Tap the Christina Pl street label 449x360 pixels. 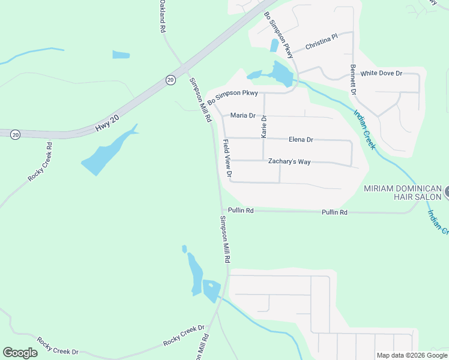(x=322, y=41)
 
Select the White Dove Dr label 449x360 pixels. (x=381, y=73)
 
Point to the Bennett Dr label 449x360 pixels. (x=354, y=80)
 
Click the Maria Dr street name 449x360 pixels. (x=243, y=115)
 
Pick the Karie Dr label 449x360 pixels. (x=263, y=127)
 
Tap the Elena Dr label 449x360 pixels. (x=301, y=140)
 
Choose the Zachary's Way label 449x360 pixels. (x=289, y=162)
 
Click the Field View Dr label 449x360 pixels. (x=228, y=158)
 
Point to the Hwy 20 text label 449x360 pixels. (x=107, y=123)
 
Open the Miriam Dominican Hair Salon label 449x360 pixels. (x=403, y=193)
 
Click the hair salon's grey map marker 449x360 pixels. (x=447, y=193)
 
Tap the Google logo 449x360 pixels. (x=20, y=353)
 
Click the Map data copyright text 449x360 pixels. (x=412, y=355)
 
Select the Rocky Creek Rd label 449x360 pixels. (x=40, y=162)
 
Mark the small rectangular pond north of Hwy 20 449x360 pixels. (x=121, y=55)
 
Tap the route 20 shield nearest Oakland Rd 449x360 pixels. (x=170, y=80)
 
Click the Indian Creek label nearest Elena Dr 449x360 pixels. (x=365, y=129)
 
